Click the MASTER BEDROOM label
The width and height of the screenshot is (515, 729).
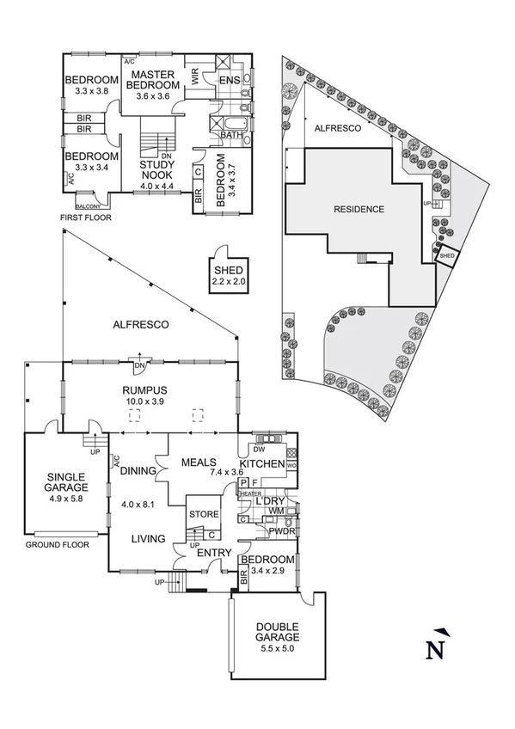(153, 80)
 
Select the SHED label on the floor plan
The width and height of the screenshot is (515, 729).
(230, 270)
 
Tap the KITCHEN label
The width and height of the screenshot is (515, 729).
(267, 464)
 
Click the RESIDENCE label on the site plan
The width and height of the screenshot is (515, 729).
(359, 209)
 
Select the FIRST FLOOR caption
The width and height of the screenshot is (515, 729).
(85, 217)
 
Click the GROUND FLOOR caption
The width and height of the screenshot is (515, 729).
(57, 545)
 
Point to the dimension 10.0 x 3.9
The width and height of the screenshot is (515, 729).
(149, 401)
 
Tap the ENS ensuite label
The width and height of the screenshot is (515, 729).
(230, 80)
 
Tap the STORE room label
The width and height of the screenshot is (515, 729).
(205, 517)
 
